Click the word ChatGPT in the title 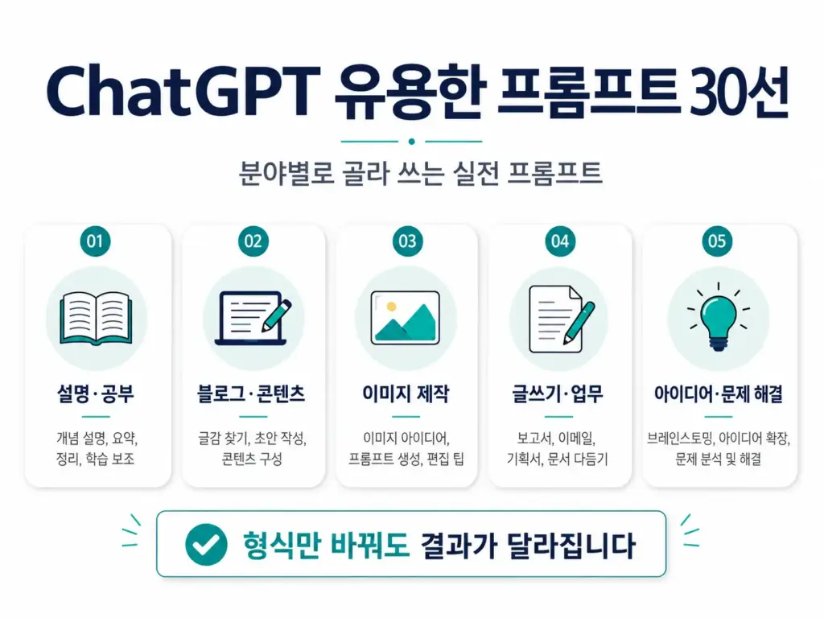(x=183, y=91)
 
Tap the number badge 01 (x=95, y=241)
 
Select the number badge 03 (x=407, y=241)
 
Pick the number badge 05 (x=717, y=241)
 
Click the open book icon (x=97, y=319)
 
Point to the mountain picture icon (x=406, y=318)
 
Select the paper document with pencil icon (x=561, y=319)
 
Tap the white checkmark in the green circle (x=206, y=545)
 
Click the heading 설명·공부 (x=96, y=393)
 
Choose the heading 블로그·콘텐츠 (x=251, y=393)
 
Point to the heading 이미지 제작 (x=406, y=393)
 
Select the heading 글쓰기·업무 (x=558, y=393)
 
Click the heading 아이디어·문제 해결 (x=719, y=393)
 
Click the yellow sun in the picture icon (x=391, y=307)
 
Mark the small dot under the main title (x=411, y=142)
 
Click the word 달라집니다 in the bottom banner (x=571, y=545)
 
